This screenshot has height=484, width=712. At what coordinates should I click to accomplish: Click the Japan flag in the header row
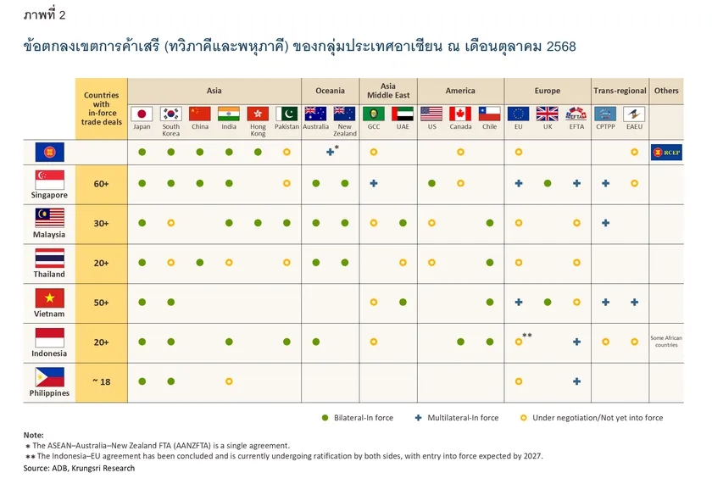(142, 114)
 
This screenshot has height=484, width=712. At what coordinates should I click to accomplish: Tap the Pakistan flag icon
(286, 114)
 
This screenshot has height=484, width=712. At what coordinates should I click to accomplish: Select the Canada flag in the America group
(460, 114)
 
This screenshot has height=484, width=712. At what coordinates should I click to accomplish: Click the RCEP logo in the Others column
(666, 152)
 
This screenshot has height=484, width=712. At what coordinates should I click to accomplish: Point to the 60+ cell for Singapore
(101, 183)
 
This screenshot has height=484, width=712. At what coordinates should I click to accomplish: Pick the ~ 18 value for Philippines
(101, 381)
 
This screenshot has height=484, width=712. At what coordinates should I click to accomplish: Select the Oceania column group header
(330, 91)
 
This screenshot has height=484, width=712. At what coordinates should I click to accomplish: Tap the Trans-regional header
(620, 91)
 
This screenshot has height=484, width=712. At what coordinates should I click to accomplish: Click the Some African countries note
(666, 342)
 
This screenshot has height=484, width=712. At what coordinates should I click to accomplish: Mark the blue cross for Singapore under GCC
(374, 183)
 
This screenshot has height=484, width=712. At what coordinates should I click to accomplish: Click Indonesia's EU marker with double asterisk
(518, 342)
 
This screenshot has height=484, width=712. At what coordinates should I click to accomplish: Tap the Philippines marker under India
(229, 381)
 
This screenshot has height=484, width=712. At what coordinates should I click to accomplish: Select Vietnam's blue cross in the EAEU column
(634, 302)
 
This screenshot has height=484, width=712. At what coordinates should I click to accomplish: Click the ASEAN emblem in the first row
(49, 152)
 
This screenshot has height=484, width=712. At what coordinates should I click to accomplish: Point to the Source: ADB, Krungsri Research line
(79, 468)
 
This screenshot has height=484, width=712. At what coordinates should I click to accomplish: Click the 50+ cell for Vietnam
(101, 302)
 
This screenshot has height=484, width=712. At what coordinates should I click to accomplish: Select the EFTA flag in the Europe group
(576, 114)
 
